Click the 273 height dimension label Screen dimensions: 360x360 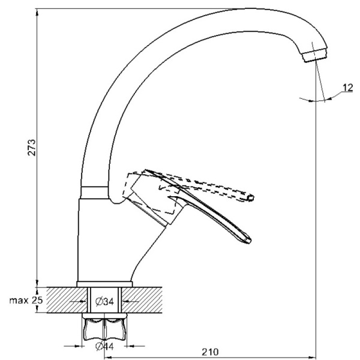pos(32,148)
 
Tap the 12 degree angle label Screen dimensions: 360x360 pos(347,88)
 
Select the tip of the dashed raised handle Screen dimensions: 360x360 pos(251,197)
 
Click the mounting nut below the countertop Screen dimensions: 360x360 pos(106,329)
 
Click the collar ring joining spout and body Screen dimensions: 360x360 pos(95,192)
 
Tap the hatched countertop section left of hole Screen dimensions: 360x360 pos(60,300)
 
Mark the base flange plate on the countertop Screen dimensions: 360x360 pos(105,283)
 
